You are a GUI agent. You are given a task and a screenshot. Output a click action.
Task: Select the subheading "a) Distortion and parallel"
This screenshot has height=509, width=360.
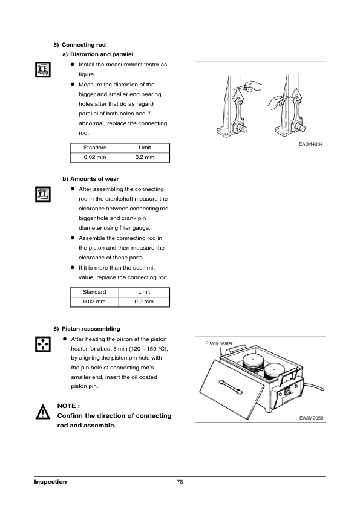click(97, 54)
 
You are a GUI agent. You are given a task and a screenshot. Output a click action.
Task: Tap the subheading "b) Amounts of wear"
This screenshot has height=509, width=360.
click(91, 180)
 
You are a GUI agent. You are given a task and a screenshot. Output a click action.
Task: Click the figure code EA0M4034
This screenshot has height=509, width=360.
click(311, 143)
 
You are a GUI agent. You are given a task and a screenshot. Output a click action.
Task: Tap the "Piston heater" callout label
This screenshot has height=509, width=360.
click(219, 343)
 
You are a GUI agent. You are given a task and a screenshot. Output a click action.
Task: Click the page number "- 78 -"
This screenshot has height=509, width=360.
click(180, 482)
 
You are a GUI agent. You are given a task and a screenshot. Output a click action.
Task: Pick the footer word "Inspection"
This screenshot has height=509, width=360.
click(50, 482)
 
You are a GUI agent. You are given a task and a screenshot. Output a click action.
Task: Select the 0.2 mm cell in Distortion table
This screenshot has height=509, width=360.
click(145, 157)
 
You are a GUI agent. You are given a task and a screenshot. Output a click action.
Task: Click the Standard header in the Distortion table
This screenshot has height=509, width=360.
click(95, 148)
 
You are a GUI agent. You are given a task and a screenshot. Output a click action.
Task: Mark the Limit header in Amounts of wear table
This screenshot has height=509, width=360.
click(145, 291)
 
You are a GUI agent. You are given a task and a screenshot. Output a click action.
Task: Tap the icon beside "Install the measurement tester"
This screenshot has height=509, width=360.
click(41, 69)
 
